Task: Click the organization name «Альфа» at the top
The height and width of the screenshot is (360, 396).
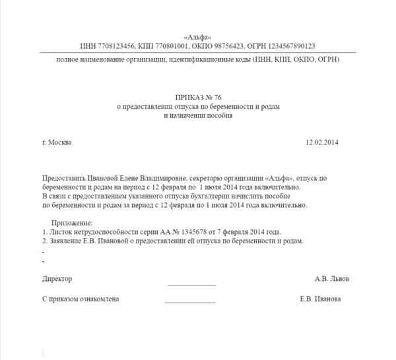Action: [x=199, y=37]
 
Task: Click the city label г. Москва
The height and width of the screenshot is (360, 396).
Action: [x=57, y=142]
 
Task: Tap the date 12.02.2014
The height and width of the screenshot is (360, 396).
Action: [x=321, y=142]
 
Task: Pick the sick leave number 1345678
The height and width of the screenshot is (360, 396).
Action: [x=188, y=232]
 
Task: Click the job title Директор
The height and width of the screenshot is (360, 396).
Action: [x=57, y=280]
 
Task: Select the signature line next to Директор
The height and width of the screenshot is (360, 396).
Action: [x=191, y=284]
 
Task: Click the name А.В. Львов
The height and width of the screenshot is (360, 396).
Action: [x=332, y=280]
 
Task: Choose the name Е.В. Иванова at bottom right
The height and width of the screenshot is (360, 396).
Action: [x=320, y=299]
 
